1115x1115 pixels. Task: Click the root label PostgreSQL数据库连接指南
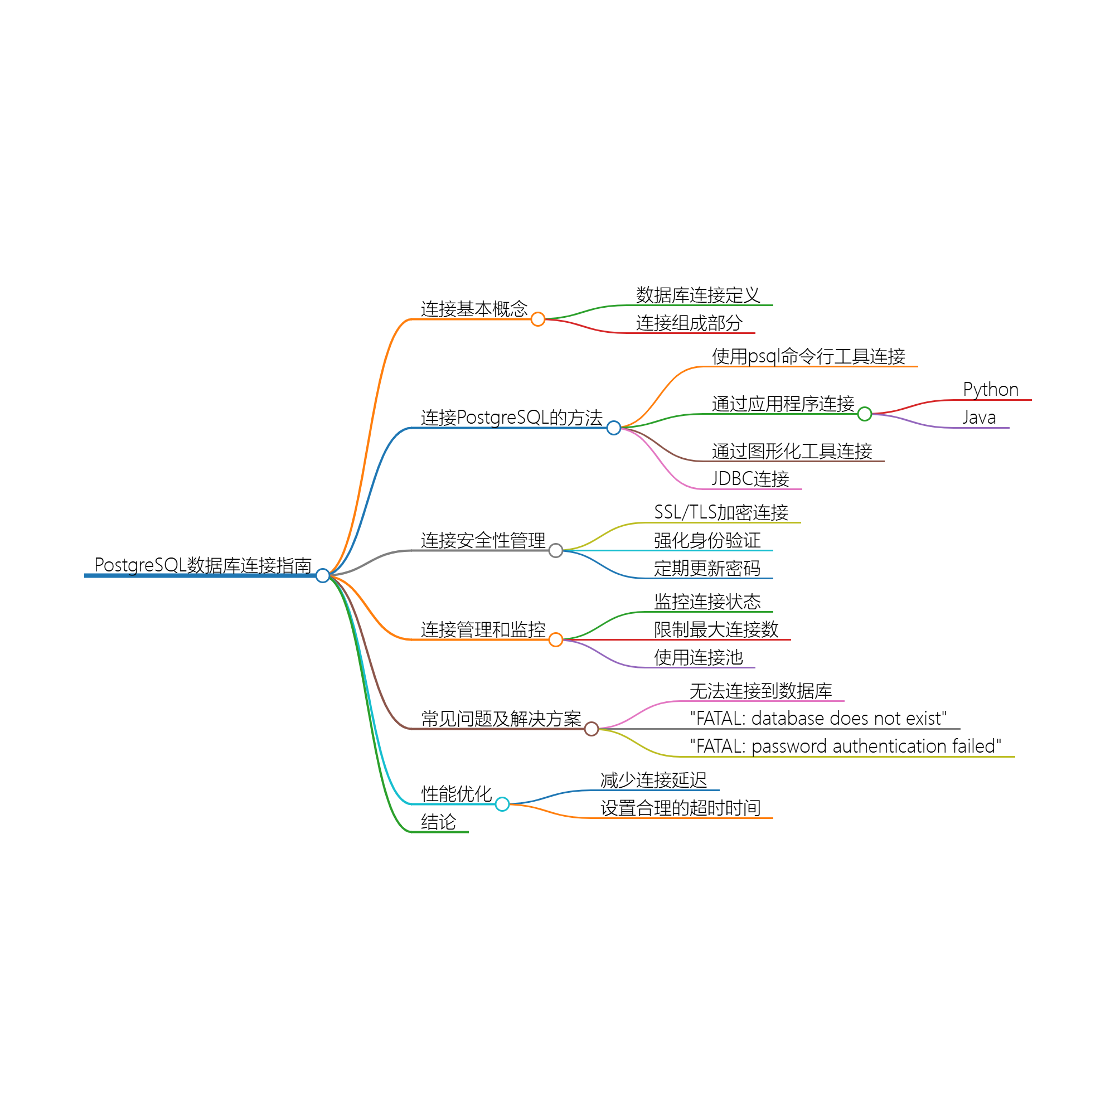tap(202, 565)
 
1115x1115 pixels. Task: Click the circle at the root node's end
tap(323, 575)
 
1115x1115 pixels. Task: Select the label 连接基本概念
tap(474, 309)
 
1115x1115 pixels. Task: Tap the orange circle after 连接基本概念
tap(538, 319)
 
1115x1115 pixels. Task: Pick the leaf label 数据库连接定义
tap(698, 295)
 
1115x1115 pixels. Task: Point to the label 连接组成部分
tap(689, 323)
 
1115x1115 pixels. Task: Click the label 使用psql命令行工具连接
tap(808, 357)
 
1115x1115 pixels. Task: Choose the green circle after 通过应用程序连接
tap(865, 414)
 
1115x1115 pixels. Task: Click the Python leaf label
tap(990, 390)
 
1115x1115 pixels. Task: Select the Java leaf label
tap(979, 417)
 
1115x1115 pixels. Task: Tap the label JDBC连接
tap(750, 479)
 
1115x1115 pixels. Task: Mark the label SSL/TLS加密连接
tap(721, 512)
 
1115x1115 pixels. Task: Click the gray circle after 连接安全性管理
tap(556, 551)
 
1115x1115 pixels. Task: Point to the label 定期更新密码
tap(707, 569)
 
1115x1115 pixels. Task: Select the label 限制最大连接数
tap(716, 629)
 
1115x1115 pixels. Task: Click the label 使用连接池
tap(699, 657)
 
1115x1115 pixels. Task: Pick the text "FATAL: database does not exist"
tap(818, 719)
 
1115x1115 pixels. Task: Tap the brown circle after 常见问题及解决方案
tap(592, 729)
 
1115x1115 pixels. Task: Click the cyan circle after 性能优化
tap(502, 804)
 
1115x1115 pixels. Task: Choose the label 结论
tap(439, 822)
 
